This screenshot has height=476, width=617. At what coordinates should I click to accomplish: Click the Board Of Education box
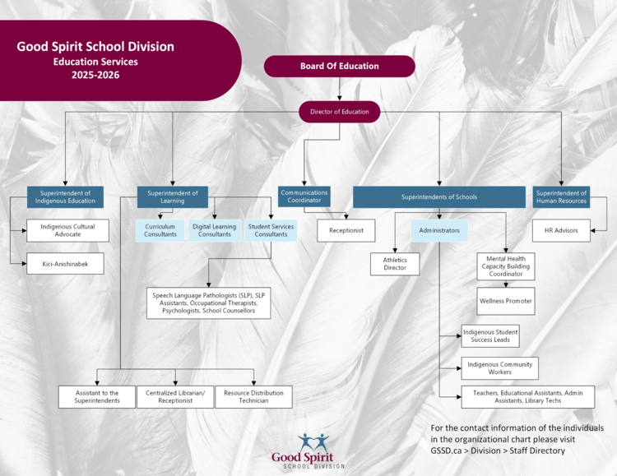pos(339,66)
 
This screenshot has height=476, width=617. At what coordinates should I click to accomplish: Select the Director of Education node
pos(339,112)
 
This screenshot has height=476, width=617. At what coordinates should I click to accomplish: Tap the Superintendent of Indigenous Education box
pos(65,196)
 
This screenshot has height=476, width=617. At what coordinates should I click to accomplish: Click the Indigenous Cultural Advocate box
pos(67,230)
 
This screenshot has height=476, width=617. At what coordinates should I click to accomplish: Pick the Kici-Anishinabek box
pos(65,264)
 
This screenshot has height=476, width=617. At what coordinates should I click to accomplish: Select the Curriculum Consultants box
pos(160,230)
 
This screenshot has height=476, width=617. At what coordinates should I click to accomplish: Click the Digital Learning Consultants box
pos(215,230)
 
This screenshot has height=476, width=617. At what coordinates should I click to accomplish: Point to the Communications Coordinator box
pos(304,196)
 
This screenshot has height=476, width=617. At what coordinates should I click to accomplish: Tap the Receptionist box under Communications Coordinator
pos(346,230)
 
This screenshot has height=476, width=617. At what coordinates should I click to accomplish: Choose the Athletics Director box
pos(395,264)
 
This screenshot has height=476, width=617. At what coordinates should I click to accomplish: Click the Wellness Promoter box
pos(506,301)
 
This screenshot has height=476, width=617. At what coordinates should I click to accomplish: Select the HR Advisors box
pos(561,230)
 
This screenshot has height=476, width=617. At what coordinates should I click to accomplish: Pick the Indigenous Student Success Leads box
pos(490,336)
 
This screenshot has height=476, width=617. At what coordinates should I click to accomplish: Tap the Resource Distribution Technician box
pos(254,396)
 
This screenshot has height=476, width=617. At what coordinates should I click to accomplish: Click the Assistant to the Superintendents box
pos(97,396)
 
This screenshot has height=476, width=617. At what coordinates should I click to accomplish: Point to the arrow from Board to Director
pos(339,89)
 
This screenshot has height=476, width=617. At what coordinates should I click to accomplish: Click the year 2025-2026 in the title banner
pos(95,75)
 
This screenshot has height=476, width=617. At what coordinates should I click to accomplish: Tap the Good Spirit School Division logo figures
pos(313,442)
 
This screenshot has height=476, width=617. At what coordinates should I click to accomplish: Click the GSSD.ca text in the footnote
pos(446,451)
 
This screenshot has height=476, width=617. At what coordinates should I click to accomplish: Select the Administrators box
pos(439,230)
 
